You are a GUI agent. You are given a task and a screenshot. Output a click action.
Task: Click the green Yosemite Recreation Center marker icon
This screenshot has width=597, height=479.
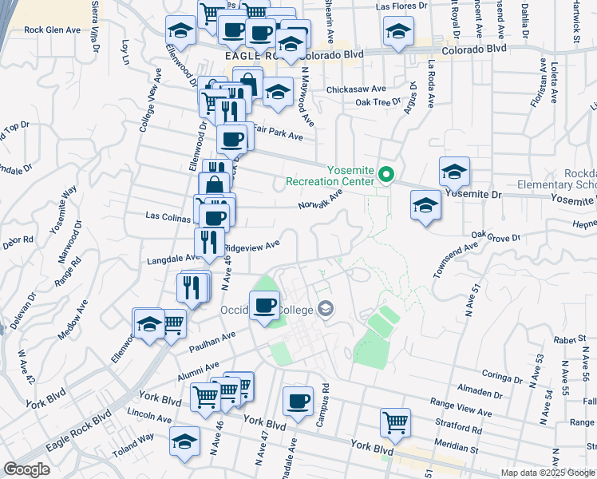(x=386, y=174)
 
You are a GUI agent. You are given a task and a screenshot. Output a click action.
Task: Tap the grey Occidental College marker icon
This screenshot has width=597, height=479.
(x=326, y=308)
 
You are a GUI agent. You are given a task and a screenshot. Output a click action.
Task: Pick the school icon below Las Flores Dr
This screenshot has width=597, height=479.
(x=398, y=33)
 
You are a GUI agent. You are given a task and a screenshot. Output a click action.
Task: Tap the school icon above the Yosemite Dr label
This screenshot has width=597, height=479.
(x=454, y=171)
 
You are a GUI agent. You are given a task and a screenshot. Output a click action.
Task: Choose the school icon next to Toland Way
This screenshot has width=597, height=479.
(x=184, y=441)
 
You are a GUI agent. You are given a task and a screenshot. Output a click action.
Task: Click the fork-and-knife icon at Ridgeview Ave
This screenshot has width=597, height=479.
(x=209, y=243)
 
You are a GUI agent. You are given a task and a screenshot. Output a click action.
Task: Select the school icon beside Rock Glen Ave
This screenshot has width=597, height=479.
(x=181, y=31)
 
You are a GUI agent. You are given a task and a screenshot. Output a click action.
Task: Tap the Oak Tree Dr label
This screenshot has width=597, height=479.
(x=378, y=102)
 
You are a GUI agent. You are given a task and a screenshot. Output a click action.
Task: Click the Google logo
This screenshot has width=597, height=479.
(x=26, y=469)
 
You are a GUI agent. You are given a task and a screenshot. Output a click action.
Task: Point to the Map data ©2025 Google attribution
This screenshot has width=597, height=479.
(x=547, y=473)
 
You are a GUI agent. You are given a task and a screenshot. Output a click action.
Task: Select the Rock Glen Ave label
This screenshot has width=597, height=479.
(x=53, y=30)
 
